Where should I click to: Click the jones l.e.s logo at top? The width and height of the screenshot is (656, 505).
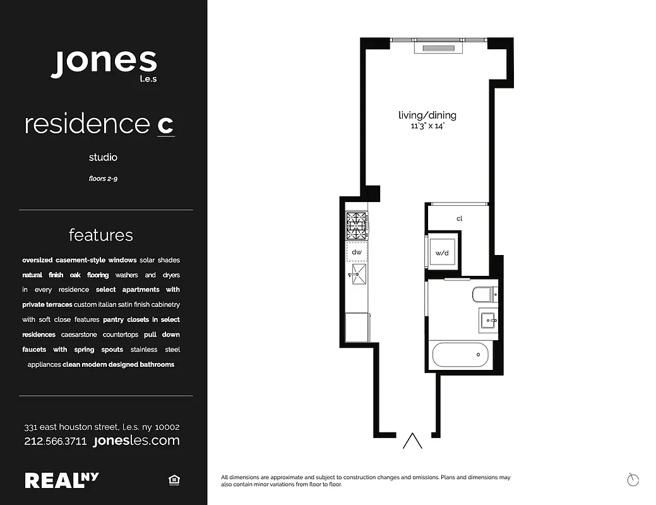point(104,63)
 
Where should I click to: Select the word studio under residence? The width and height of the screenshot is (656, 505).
point(103,157)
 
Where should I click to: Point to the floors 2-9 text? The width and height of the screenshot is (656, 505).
point(103,179)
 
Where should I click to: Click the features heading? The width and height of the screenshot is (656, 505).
point(101,235)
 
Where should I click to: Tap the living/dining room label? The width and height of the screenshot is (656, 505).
point(427,116)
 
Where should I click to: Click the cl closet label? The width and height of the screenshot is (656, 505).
point(459,218)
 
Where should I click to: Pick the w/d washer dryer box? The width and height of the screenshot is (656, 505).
point(442,253)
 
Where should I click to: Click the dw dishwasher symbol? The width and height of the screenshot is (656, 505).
point(355,251)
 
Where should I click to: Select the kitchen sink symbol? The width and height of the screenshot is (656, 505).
point(355,273)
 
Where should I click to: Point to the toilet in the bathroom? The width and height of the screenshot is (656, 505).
point(484,294)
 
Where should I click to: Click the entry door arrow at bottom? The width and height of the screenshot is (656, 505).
point(412,441)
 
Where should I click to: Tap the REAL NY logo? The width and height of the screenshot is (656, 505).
point(61,480)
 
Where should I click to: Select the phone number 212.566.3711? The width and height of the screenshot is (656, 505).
point(55,441)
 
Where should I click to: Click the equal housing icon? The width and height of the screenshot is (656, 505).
point(174,481)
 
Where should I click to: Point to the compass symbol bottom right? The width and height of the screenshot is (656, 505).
point(633,480)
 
